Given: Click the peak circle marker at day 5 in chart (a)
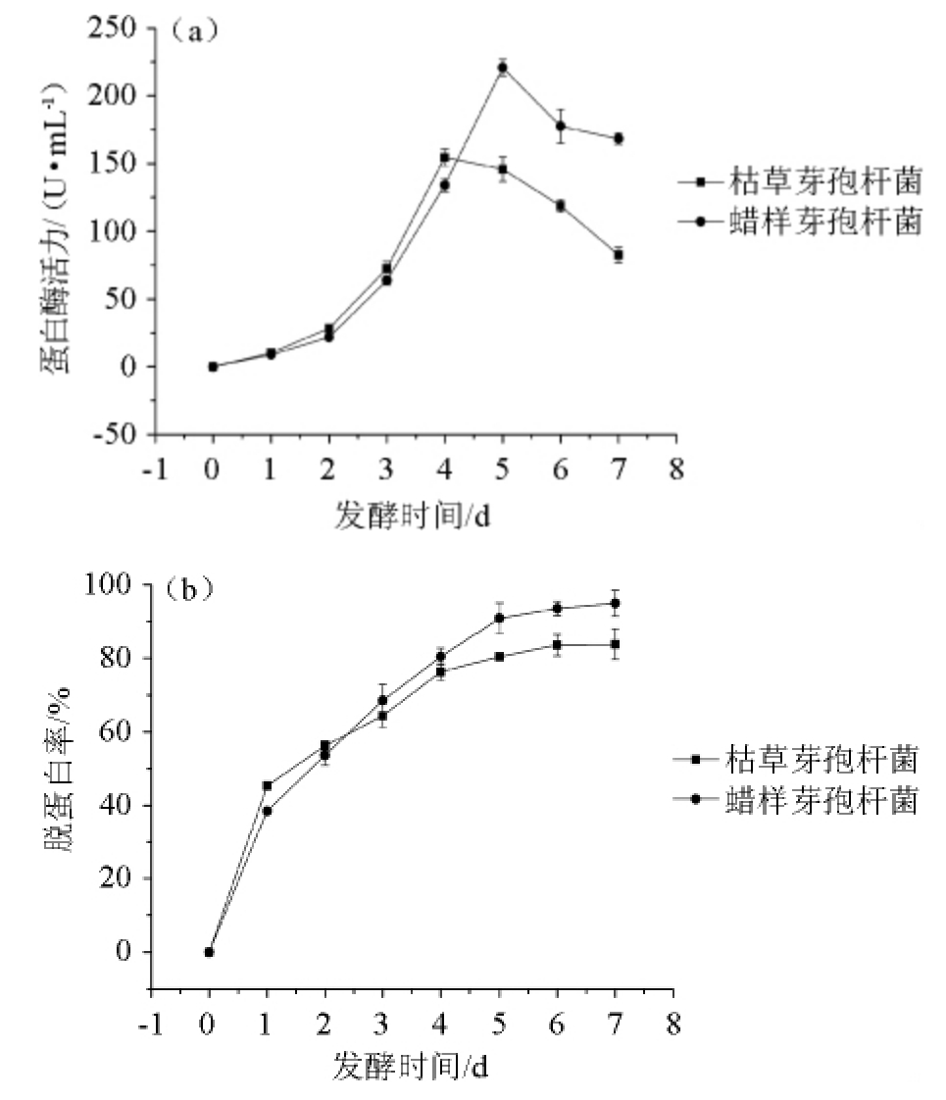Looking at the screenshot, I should [502, 68].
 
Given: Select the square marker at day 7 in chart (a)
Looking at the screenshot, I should [618, 255].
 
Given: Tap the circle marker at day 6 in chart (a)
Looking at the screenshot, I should [561, 125].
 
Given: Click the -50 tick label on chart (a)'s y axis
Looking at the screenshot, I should [115, 434].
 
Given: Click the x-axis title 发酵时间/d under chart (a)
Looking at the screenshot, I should [412, 516].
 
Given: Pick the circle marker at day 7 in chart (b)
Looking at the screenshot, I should [615, 603].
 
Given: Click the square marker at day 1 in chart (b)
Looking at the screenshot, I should [267, 785].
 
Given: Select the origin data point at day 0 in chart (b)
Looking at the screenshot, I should [209, 952].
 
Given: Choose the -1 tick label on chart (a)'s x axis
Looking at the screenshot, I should [154, 469].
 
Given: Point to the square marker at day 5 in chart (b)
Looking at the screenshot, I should [499, 656].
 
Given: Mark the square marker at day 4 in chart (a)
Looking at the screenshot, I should [444, 157].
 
